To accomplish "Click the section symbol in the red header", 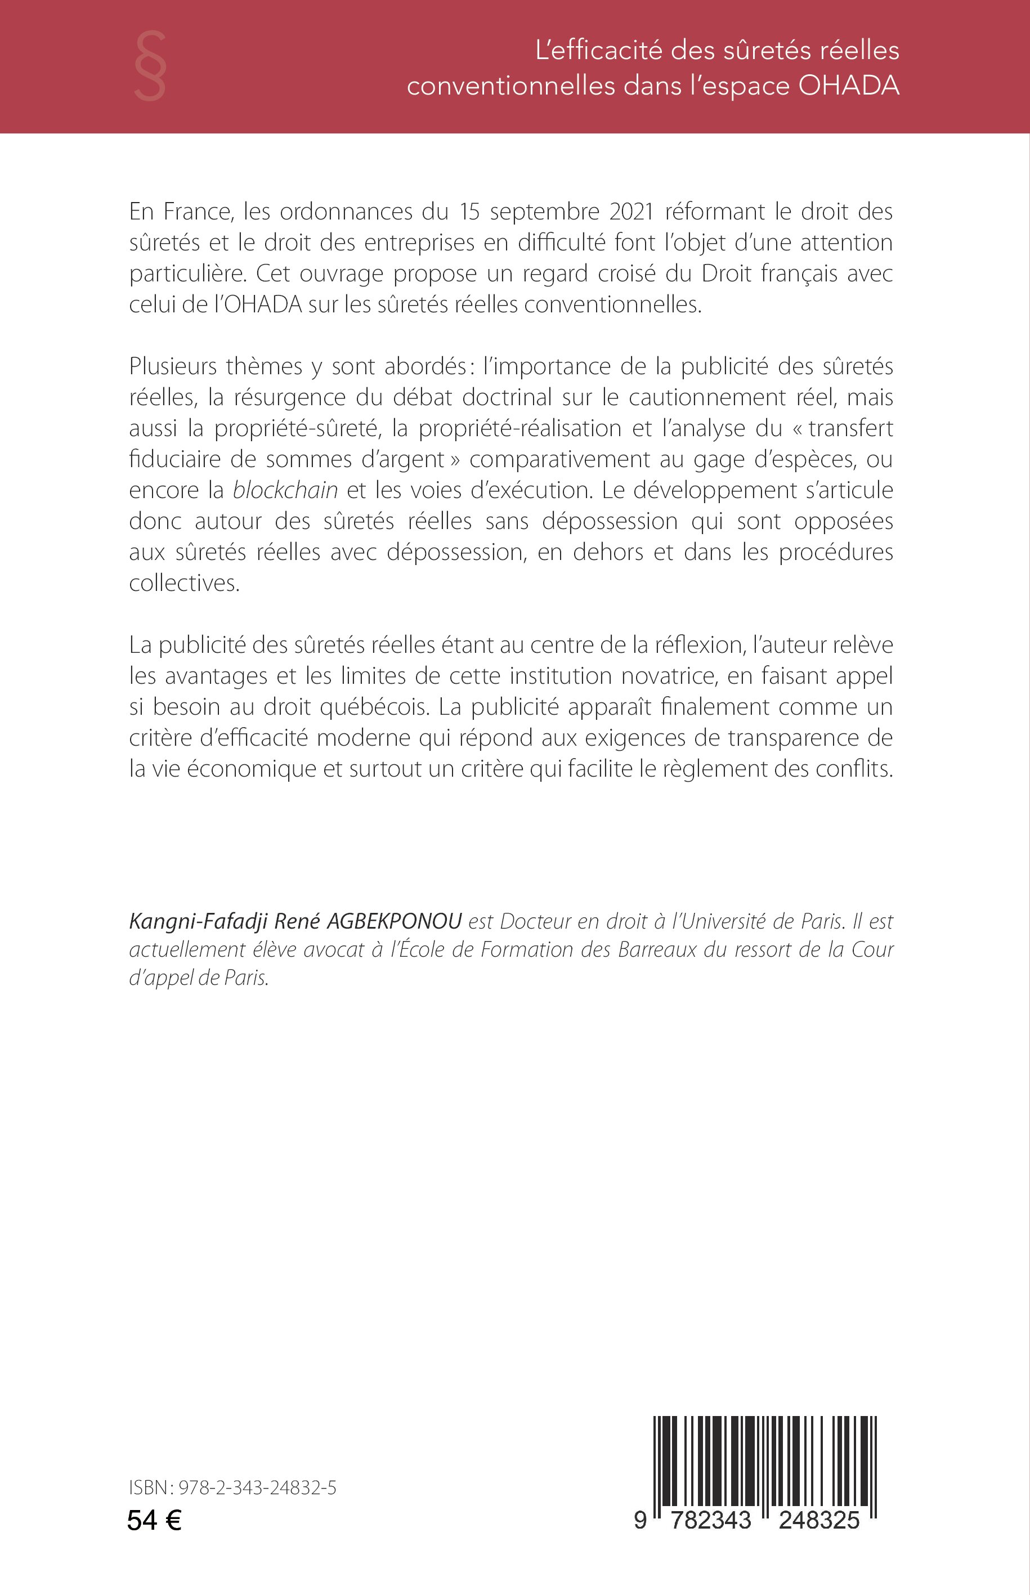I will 150,66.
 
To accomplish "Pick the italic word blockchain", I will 285,490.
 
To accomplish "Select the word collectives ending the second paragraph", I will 184,583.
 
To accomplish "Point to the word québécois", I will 377,707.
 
